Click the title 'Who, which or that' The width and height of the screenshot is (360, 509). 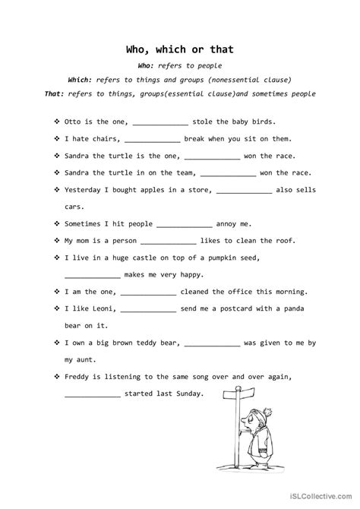(180, 50)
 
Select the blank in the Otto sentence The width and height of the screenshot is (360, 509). (160, 122)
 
